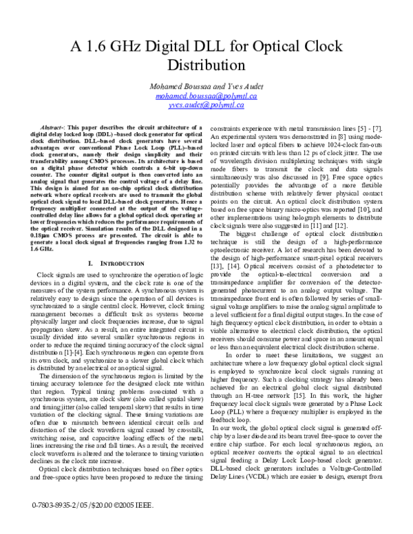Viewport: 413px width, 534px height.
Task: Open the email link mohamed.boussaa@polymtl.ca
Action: [206, 96]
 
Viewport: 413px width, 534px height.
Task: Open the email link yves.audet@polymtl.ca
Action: [206, 105]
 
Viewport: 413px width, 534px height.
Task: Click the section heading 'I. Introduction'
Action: [120, 244]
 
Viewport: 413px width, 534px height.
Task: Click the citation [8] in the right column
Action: [338, 137]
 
